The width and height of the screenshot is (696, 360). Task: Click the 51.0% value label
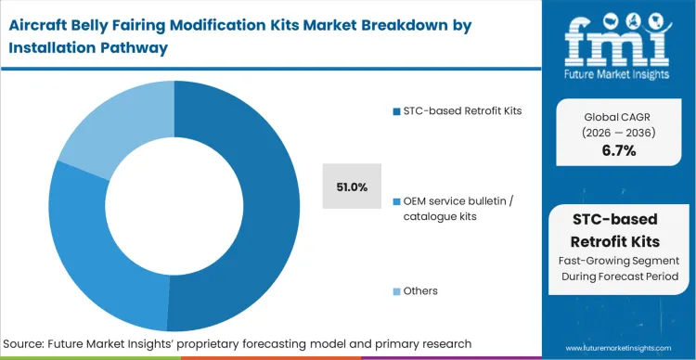pyautogui.click(x=352, y=186)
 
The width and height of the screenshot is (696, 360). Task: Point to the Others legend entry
pyautogui.click(x=421, y=290)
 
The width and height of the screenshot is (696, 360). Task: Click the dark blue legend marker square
pyautogui.click(x=395, y=112)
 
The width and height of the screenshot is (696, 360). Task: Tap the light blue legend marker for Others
pyautogui.click(x=395, y=290)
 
